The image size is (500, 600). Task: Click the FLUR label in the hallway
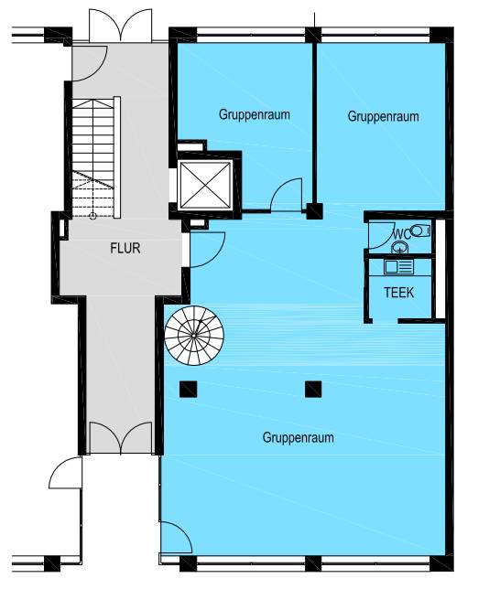[125, 249]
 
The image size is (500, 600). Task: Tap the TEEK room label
[399, 293]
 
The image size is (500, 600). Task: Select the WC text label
[402, 234]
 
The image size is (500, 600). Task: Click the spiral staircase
[194, 336]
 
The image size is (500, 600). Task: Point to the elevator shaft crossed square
[206, 185]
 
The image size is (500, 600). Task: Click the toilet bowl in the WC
[420, 230]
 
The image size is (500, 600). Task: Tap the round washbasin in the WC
[400, 248]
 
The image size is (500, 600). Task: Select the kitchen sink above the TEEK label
[398, 267]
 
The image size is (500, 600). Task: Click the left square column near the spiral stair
[188, 390]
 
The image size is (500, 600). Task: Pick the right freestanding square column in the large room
[313, 390]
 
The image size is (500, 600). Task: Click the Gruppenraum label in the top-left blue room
[254, 114]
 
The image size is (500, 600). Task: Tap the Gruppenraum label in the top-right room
[383, 116]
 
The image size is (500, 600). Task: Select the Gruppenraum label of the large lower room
[299, 437]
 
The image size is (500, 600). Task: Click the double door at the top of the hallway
[120, 26]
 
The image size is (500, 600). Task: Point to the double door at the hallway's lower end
[121, 438]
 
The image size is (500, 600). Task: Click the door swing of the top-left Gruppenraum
[287, 195]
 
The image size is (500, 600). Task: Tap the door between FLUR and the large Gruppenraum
[207, 250]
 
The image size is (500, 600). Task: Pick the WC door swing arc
[381, 235]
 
